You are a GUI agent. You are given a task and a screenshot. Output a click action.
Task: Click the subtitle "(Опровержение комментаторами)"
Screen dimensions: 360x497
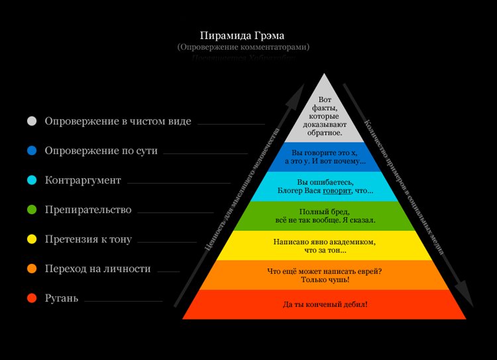pyautogui.click(x=243, y=48)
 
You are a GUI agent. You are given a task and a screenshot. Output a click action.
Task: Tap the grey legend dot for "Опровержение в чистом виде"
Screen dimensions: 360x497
pyautogui.click(x=31, y=121)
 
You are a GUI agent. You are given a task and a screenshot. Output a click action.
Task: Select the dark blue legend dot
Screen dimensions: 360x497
pyautogui.click(x=31, y=150)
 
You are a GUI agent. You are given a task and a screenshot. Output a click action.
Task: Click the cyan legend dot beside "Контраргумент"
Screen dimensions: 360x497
pyautogui.click(x=31, y=180)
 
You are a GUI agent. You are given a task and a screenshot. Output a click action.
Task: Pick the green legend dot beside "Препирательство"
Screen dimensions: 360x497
pyautogui.click(x=31, y=210)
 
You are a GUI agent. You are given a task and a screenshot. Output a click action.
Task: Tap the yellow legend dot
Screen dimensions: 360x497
pyautogui.click(x=31, y=239)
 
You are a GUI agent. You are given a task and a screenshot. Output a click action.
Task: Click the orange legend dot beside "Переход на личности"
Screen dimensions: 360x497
pyautogui.click(x=31, y=269)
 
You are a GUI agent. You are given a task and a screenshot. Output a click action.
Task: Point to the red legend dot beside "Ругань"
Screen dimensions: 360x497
pyautogui.click(x=31, y=298)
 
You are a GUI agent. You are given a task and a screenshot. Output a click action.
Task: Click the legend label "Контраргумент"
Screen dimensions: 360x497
pyautogui.click(x=83, y=180)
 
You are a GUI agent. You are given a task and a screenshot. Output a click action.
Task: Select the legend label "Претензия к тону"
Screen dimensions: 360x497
pyautogui.click(x=88, y=239)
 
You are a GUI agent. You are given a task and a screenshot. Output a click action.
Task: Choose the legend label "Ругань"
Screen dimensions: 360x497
pyautogui.click(x=62, y=298)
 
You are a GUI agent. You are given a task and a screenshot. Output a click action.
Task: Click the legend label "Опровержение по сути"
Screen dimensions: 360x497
pyautogui.click(x=101, y=150)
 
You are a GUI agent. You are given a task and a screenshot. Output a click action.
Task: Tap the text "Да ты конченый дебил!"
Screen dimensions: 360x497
pyautogui.click(x=325, y=304)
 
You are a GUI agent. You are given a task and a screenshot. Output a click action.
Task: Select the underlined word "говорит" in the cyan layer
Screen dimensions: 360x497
pyautogui.click(x=337, y=191)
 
